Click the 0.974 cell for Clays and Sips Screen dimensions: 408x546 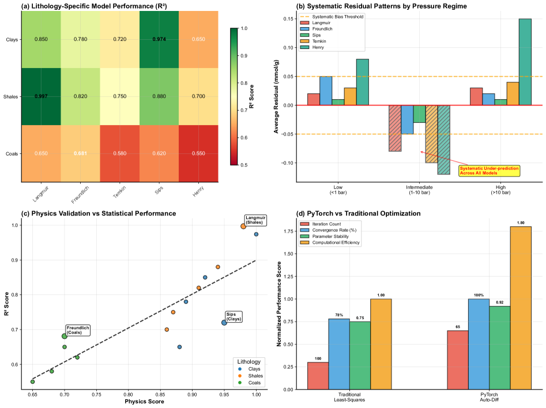click(x=159, y=40)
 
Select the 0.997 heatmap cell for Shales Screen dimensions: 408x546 click(x=42, y=96)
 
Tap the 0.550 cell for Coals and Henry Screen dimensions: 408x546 click(x=198, y=153)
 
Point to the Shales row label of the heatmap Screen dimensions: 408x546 click(x=11, y=97)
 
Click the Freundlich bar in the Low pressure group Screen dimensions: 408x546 click(x=326, y=91)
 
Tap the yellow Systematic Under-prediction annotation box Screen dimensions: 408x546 click(x=489, y=171)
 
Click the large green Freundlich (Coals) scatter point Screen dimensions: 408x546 click(x=65, y=336)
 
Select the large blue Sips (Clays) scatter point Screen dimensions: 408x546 click(x=224, y=323)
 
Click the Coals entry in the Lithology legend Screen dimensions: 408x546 click(x=250, y=382)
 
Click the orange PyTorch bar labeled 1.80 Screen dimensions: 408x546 click(x=519, y=308)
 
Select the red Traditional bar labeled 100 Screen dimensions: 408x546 click(x=318, y=375)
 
